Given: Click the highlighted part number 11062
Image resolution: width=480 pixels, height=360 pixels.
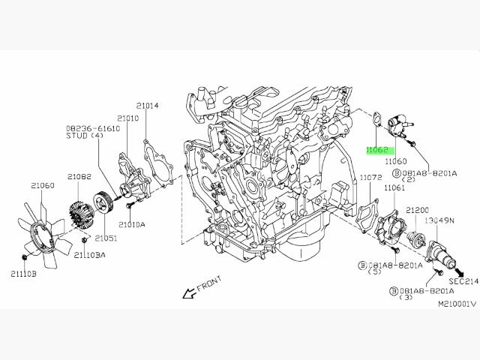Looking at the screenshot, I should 376,150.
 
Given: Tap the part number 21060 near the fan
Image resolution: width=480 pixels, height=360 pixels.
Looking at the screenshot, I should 42,184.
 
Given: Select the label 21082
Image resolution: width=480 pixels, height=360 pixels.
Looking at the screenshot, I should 79,177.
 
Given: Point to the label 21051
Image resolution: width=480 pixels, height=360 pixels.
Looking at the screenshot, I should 105,238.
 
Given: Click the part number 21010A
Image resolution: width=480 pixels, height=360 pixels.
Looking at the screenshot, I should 132,224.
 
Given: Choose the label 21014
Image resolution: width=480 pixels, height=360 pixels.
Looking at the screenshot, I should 147,106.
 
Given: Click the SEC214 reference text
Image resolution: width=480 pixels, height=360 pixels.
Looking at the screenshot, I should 463,281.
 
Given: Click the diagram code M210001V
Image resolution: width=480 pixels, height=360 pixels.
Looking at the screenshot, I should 457,305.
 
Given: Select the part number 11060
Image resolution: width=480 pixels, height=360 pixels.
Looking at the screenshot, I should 395,161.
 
